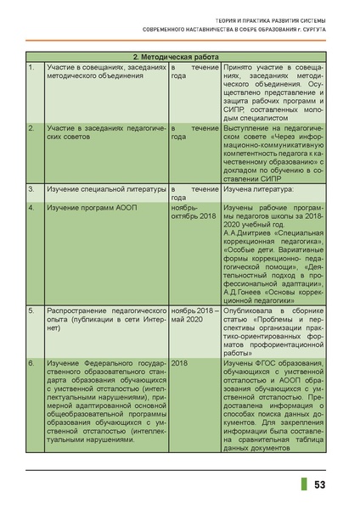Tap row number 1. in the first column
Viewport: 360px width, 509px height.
31,66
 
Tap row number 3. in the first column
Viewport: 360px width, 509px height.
31,189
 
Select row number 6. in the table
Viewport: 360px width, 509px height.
31,362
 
